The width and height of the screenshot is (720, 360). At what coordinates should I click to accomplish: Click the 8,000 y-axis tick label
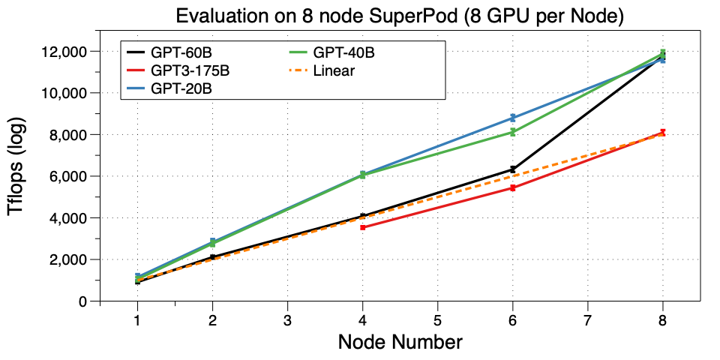pyautogui.click(x=72, y=135)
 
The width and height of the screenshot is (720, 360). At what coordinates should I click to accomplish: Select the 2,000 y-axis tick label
pyautogui.click(x=72, y=259)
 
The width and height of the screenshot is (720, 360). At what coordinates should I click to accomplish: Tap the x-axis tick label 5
pyautogui.click(x=437, y=319)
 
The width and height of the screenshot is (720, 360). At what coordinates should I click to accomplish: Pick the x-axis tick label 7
pyautogui.click(x=587, y=319)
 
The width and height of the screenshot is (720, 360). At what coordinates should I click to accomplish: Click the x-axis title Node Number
pyautogui.click(x=400, y=343)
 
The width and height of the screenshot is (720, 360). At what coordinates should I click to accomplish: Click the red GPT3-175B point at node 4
pyautogui.click(x=363, y=226)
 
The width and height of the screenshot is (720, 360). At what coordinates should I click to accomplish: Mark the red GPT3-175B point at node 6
pyautogui.click(x=513, y=187)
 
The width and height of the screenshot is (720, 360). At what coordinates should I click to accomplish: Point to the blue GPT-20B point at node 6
pyautogui.click(x=513, y=118)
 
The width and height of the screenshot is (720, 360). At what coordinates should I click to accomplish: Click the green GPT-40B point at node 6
pyautogui.click(x=513, y=132)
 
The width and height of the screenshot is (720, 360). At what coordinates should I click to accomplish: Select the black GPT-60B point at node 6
pyautogui.click(x=513, y=169)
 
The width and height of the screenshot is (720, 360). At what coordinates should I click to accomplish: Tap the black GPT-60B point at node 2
pyautogui.click(x=213, y=257)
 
